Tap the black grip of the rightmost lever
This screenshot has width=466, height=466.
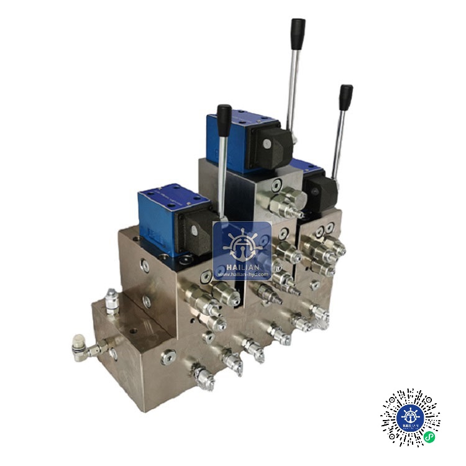pos(345,97)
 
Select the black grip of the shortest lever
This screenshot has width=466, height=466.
pos(224,117)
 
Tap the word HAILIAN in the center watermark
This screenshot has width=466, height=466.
pos(242,267)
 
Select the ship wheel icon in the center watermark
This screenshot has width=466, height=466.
pos(242,243)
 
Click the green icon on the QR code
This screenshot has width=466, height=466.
pos(429,437)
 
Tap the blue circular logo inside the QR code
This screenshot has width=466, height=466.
pos(410,418)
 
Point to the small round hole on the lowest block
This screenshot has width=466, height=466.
pos(114,354)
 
